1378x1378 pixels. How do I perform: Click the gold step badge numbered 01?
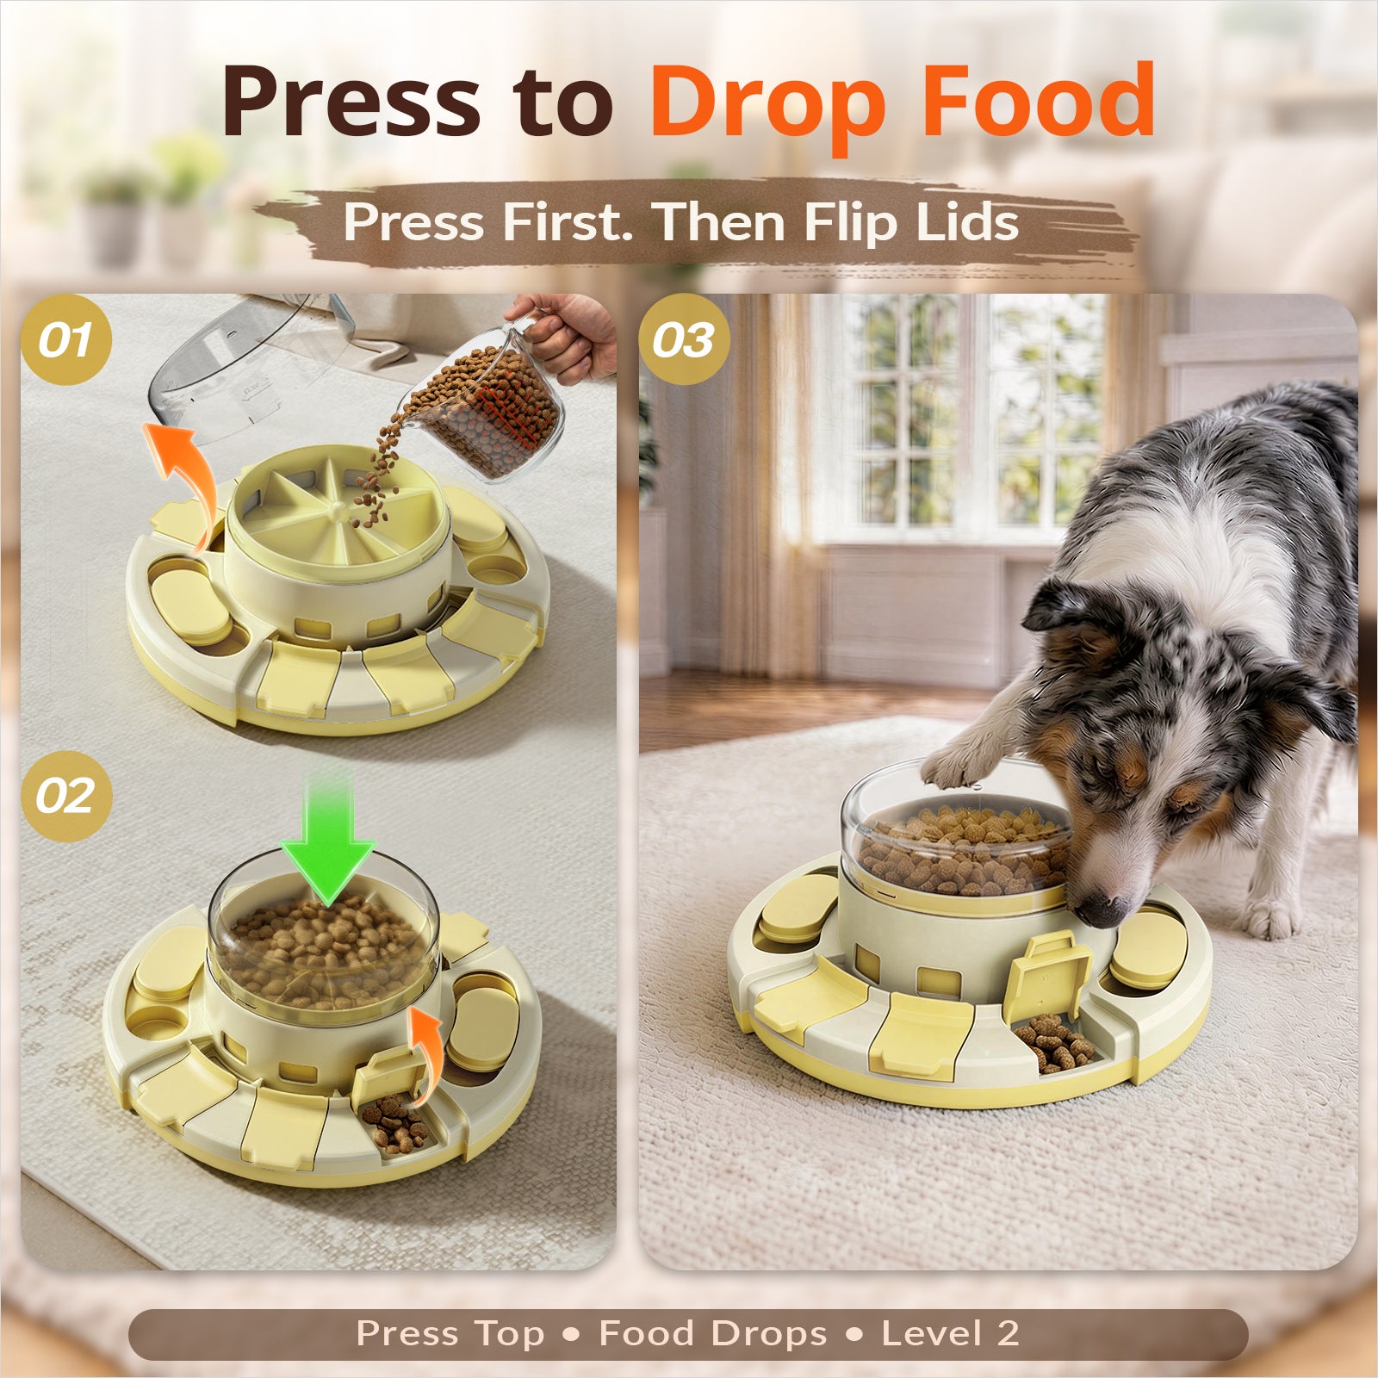[66, 339]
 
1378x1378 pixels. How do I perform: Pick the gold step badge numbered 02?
[66, 795]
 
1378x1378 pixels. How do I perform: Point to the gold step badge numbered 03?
[684, 339]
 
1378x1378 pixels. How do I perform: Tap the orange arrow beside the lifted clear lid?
[185, 469]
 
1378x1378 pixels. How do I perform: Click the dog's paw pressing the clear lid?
[956, 764]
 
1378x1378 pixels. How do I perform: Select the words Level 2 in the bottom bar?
[950, 1334]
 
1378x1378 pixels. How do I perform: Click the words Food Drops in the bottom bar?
[712, 1335]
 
